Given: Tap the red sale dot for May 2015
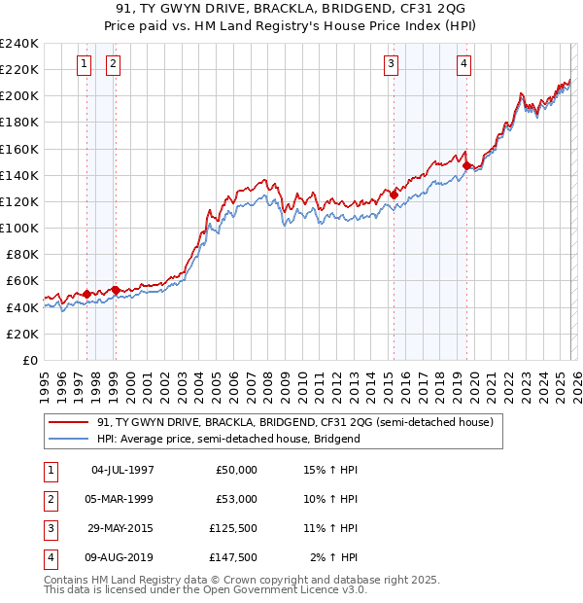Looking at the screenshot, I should [394, 195].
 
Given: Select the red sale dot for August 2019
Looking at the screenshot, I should [466, 165].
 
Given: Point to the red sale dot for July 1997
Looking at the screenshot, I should [86, 294].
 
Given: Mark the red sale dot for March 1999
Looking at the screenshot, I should [115, 290].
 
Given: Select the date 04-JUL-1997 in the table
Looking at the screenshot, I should [122, 470].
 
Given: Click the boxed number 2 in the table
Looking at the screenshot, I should [49, 499].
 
